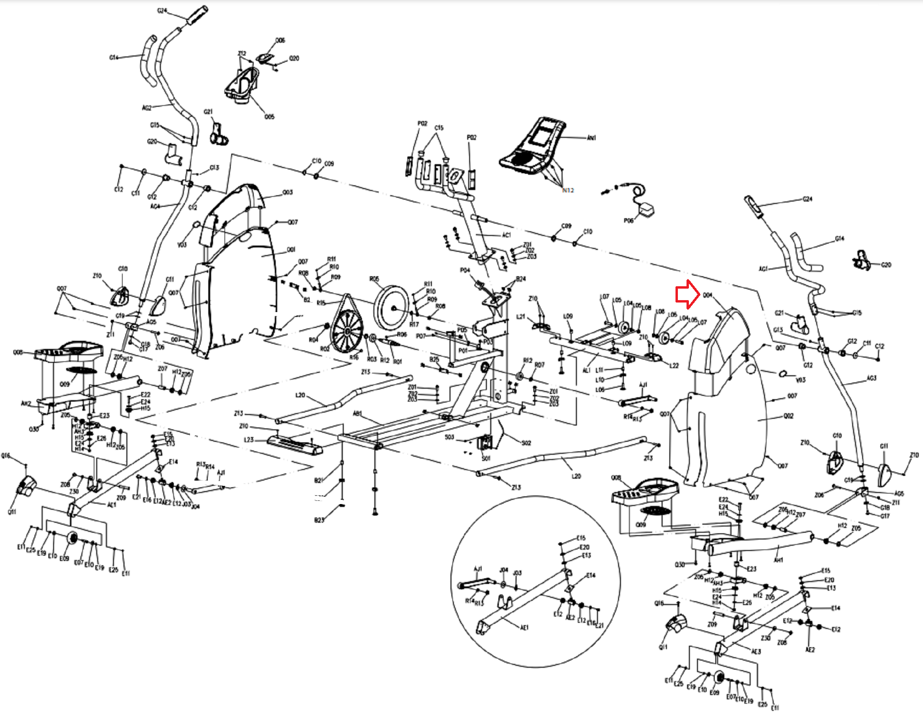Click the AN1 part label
pyautogui.click(x=591, y=138)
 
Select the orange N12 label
pyautogui.click(x=568, y=190)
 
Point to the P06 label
pyautogui.click(x=628, y=221)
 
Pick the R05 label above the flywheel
pyautogui.click(x=374, y=279)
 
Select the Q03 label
pyautogui.click(x=287, y=192)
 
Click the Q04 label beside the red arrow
pyautogui.click(x=708, y=295)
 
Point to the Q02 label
pyautogui.click(x=788, y=416)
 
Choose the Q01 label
pyautogui.click(x=291, y=249)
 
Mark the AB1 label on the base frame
pyautogui.click(x=357, y=414)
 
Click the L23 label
pyautogui.click(x=249, y=439)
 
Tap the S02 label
pyautogui.click(x=526, y=443)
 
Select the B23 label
pyautogui.click(x=319, y=520)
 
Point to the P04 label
pyautogui.click(x=465, y=270)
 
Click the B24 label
pyautogui.click(x=521, y=279)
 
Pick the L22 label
pyautogui.click(x=674, y=366)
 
